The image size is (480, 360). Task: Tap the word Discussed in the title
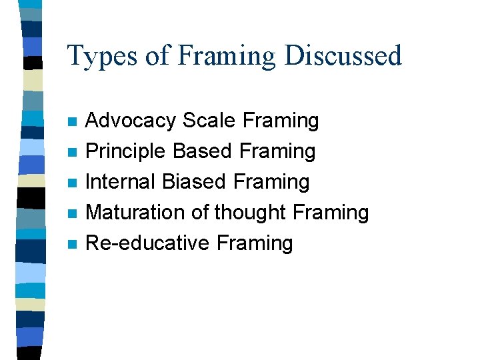click(343, 55)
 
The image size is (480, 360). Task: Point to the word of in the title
click(158, 55)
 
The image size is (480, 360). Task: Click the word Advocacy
click(131, 121)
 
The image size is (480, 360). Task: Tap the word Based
click(203, 151)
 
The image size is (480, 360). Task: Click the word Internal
click(121, 182)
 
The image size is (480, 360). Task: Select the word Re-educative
click(148, 243)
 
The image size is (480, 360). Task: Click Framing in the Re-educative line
click(255, 244)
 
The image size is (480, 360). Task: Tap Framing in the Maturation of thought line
click(331, 213)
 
